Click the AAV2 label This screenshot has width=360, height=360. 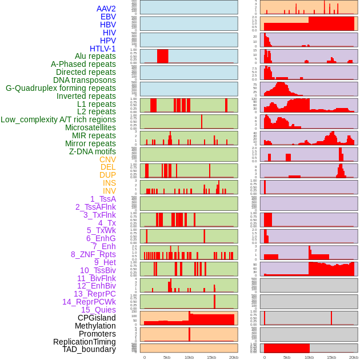(106, 9)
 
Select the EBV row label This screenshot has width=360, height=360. (107, 17)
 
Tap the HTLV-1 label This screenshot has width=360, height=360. (102, 49)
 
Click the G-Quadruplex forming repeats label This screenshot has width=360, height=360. (61, 88)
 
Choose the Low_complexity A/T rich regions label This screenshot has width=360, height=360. (58, 119)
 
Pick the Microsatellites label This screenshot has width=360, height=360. (90, 127)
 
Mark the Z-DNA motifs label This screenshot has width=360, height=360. (92, 151)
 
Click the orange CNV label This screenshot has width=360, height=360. (107, 159)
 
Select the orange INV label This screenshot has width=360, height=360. (109, 191)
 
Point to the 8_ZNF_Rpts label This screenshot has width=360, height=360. (93, 254)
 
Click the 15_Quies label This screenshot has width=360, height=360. (98, 310)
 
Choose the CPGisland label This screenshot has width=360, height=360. (97, 318)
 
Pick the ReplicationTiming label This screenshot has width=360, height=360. (84, 342)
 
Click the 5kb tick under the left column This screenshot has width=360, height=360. (167, 357)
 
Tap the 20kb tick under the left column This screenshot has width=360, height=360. (233, 357)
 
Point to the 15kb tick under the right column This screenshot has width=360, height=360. (331, 357)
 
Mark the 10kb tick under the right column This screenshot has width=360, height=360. (309, 357)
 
